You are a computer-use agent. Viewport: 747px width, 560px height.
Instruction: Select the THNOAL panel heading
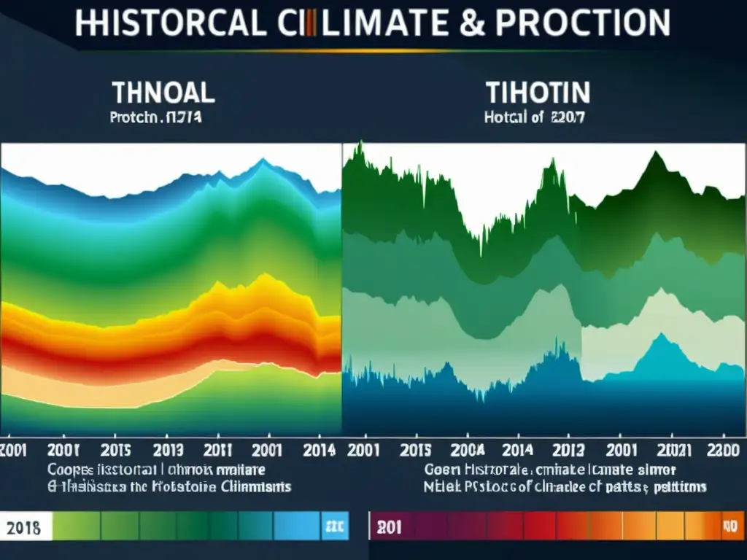(163, 93)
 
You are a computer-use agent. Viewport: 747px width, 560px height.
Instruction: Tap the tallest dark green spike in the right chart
(359, 149)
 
